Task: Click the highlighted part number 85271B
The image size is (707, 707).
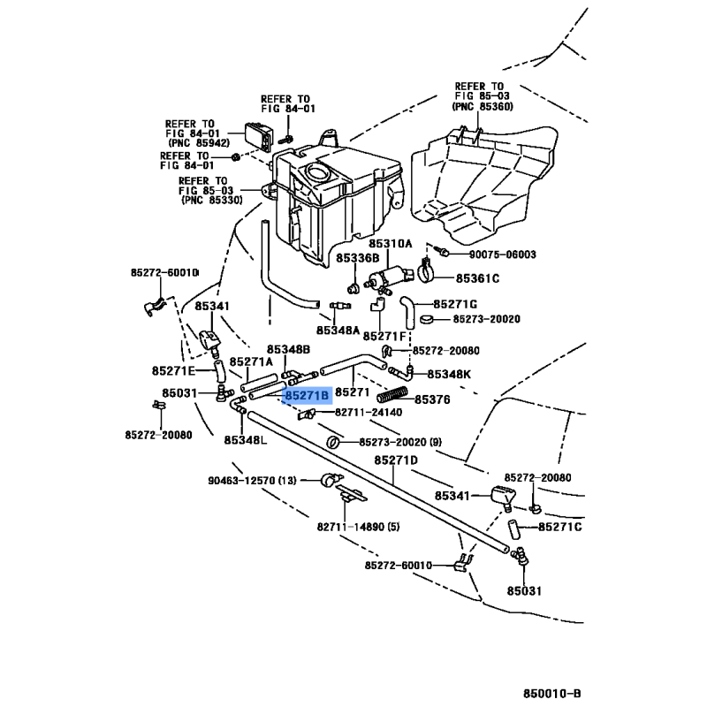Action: pos(307,395)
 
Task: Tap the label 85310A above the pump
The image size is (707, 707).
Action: pos(391,243)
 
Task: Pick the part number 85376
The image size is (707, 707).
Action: pos(432,399)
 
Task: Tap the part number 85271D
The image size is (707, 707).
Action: pos(395,460)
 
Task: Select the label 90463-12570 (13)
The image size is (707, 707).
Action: pos(253,481)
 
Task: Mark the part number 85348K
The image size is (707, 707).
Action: pos(449,374)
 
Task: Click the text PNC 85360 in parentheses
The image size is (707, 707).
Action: pos(482,106)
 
